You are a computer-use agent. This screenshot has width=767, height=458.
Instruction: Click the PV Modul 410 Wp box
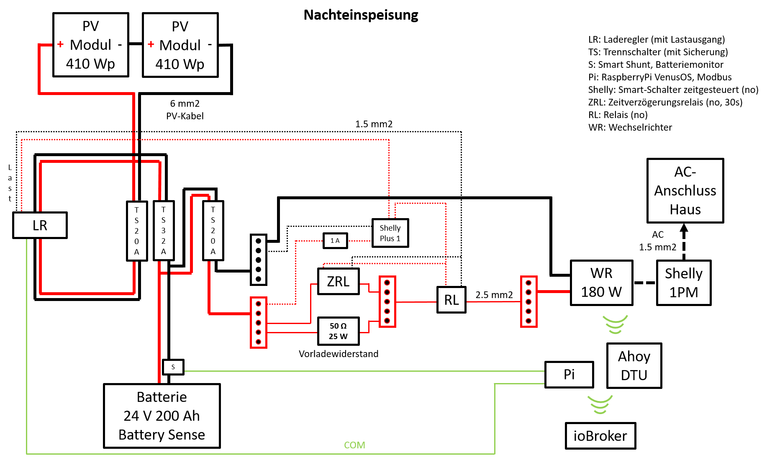(x=180, y=45)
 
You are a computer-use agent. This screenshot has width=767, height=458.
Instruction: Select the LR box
(x=40, y=225)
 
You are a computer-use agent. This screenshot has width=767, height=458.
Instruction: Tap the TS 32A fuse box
(x=164, y=231)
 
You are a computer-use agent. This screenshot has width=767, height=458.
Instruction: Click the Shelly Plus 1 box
(x=390, y=233)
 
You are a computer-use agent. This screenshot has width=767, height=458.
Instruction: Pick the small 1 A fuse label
(x=335, y=241)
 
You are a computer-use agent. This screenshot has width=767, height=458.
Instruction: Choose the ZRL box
(x=338, y=281)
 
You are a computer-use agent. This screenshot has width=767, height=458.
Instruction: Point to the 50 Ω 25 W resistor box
(x=338, y=331)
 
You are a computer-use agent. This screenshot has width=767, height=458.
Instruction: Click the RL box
(x=451, y=300)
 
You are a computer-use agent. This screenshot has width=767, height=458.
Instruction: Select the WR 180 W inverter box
(x=601, y=283)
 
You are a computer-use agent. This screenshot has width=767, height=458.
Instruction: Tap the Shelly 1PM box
(x=684, y=283)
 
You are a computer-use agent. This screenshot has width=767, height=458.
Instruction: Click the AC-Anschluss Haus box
(x=685, y=190)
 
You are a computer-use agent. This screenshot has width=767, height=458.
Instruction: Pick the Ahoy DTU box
(x=634, y=365)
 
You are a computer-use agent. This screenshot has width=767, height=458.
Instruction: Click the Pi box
(x=569, y=374)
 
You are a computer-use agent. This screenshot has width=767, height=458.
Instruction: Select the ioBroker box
(x=600, y=436)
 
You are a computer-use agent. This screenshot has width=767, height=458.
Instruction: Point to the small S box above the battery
(x=173, y=367)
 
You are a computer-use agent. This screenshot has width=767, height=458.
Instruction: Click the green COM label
(x=354, y=445)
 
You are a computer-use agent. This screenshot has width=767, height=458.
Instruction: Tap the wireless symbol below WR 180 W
(x=615, y=324)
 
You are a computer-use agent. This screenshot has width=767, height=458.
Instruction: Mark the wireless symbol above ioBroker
(x=600, y=404)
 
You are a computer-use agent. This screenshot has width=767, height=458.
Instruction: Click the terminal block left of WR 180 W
(x=528, y=301)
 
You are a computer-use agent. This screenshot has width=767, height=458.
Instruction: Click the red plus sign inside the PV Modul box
(x=151, y=44)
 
